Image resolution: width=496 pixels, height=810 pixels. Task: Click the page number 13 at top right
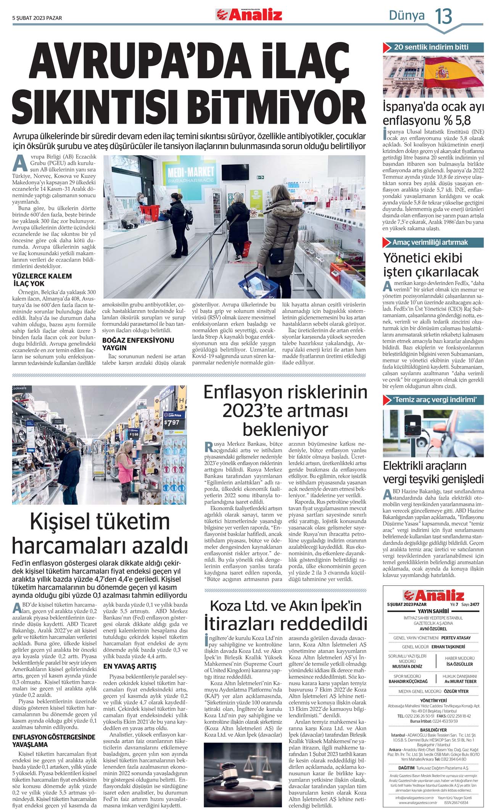[x=443, y=16]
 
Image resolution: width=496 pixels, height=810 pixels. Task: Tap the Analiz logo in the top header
[x=249, y=15]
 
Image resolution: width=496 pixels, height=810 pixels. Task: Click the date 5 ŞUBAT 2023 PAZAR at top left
[x=37, y=18]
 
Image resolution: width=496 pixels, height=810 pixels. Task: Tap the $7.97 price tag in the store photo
[x=172, y=422]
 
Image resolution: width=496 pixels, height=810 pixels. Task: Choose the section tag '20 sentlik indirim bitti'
[x=432, y=47]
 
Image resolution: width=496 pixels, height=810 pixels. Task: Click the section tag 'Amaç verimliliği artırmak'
[x=430, y=242]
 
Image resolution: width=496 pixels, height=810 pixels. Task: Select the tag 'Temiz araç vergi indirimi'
[x=435, y=400]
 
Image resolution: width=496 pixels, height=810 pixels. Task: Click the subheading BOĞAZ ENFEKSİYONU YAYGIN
[x=138, y=344]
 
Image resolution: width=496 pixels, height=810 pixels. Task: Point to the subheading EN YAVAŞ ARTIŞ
[x=130, y=667]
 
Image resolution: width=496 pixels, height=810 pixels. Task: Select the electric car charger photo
[x=433, y=433]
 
